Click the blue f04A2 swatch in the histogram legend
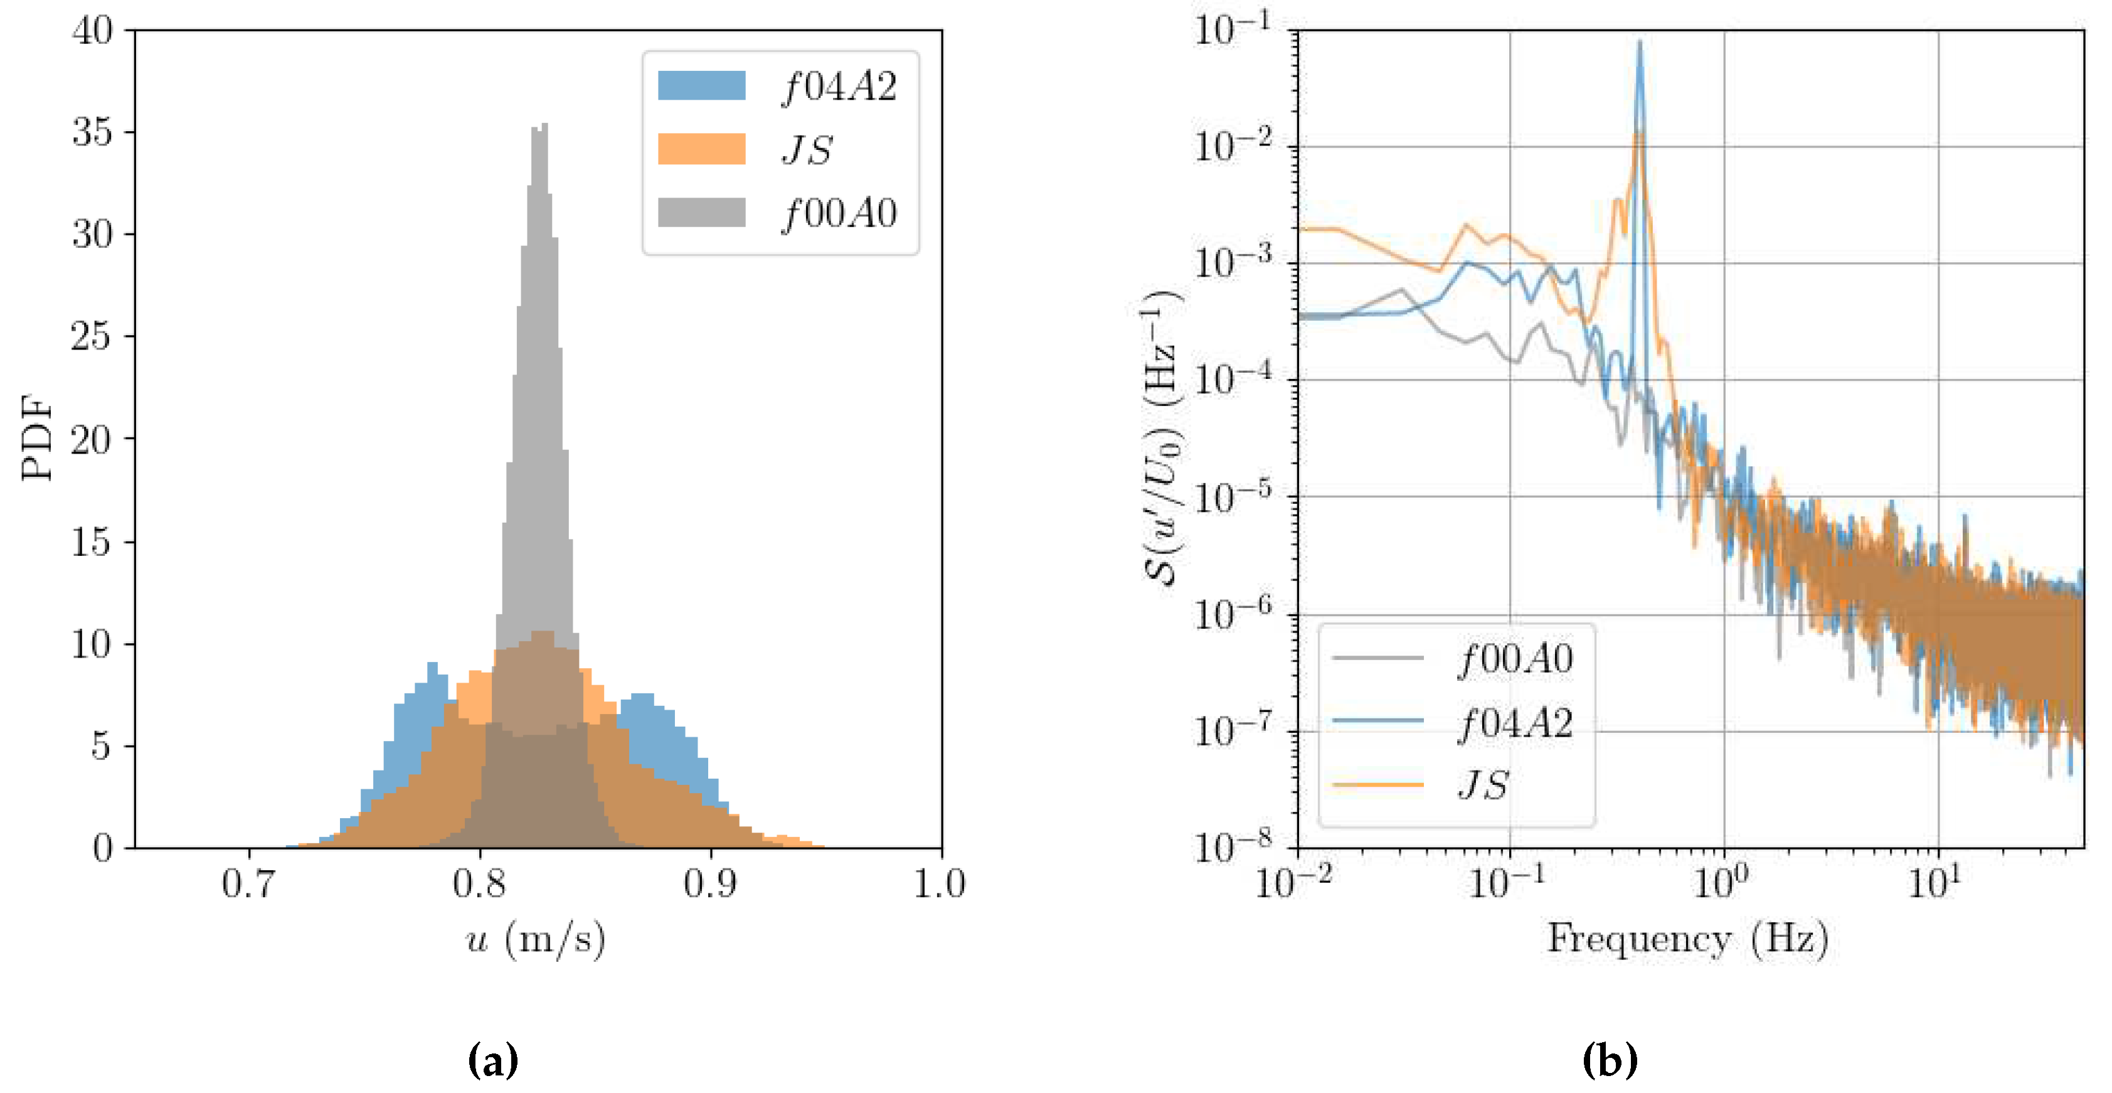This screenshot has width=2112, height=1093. click(701, 85)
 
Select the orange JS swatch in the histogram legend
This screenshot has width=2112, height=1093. click(701, 149)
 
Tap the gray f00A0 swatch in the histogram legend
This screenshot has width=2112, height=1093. click(701, 212)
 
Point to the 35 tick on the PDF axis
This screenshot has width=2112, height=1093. click(92, 132)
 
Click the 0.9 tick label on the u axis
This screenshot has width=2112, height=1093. click(709, 884)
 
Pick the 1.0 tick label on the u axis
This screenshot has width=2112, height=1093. click(940, 884)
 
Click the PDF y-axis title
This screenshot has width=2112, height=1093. click(37, 438)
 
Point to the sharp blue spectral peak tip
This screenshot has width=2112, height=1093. click(1639, 43)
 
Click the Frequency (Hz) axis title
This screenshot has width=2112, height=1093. click(1687, 939)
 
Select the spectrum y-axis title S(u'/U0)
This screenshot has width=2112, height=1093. click(1162, 438)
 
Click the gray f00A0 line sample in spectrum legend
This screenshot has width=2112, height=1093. click(1377, 658)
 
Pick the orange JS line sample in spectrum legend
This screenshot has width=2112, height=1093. click(1377, 785)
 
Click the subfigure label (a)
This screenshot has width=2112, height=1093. click(493, 1060)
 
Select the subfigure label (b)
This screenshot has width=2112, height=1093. click(1610, 1060)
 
